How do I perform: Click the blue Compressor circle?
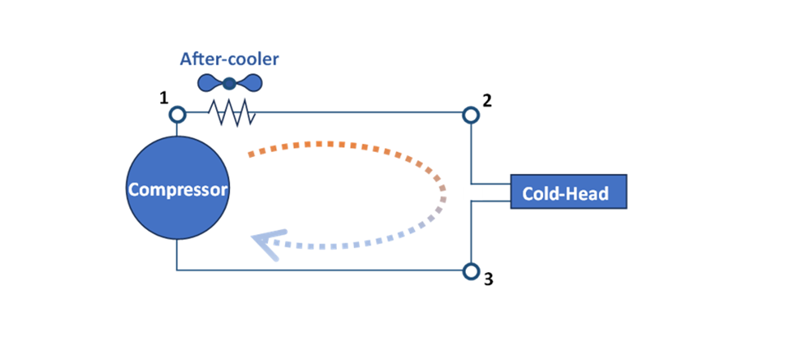[177, 190]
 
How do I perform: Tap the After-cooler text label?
[228, 59]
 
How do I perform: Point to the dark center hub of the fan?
[229, 82]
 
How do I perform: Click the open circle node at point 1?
[177, 113]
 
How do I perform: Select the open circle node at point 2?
[471, 113]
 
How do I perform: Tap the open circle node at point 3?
[471, 270]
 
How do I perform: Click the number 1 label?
[164, 99]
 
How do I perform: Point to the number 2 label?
[487, 101]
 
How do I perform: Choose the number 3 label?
[488, 279]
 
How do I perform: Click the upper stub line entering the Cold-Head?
[491, 182]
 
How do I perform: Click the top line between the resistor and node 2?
[362, 113]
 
